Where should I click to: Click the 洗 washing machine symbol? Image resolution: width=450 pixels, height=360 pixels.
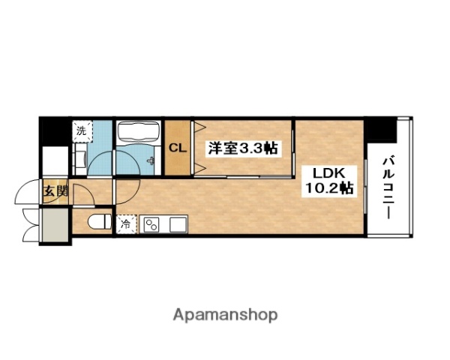coord(82,130)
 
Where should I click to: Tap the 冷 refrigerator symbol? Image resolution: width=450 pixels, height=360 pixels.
coord(125,223)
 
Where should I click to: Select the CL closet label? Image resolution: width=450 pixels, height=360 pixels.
coord(177,147)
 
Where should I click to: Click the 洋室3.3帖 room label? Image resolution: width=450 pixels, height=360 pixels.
coord(242,147)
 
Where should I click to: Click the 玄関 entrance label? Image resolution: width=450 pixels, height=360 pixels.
coord(55,190)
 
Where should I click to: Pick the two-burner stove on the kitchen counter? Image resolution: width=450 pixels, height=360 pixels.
coord(152,224)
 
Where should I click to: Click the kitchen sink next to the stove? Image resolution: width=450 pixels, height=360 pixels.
coord(178,224)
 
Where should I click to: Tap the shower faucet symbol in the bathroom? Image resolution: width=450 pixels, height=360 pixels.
coord(152,161)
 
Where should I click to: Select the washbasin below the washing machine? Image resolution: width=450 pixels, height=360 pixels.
coord(80,158)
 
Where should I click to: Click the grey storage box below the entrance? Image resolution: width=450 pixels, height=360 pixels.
coord(55,226)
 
